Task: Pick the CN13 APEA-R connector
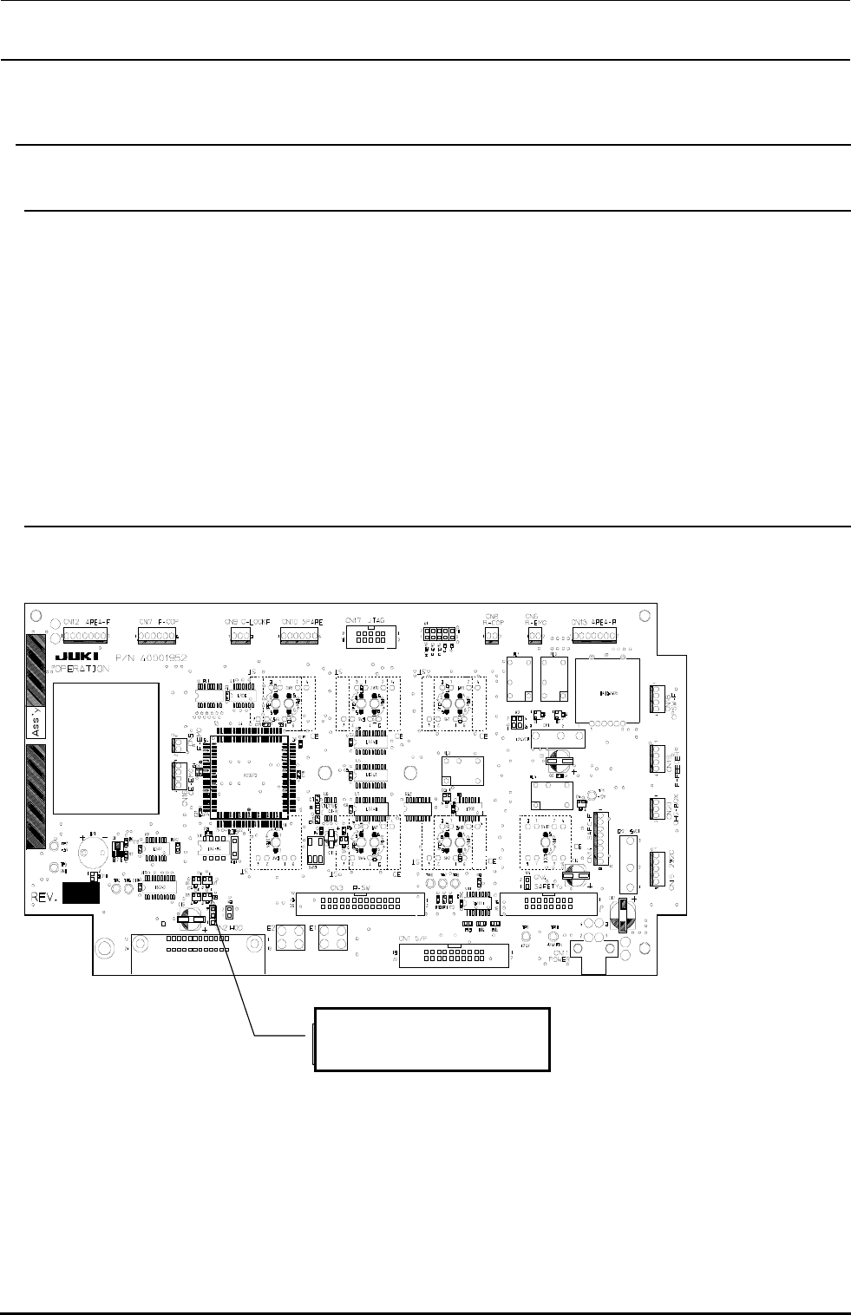pos(594,636)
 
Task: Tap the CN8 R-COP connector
pos(492,636)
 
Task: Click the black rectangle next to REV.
pos(80,893)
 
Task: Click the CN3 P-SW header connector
pos(360,903)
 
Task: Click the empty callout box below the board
pos(431,1038)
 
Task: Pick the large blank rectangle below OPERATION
pos(106,748)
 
